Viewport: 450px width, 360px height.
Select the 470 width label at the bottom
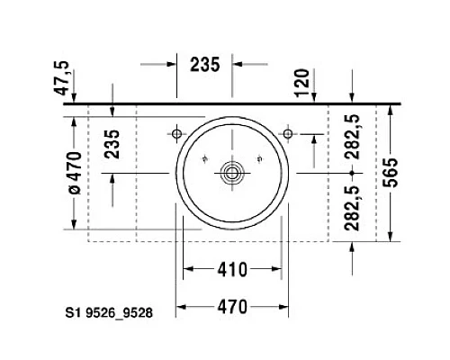232,308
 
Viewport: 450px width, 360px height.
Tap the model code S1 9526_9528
107,314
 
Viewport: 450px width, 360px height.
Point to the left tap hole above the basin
177,134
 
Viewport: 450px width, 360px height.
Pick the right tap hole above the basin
288,134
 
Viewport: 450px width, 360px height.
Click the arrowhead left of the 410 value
190,269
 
